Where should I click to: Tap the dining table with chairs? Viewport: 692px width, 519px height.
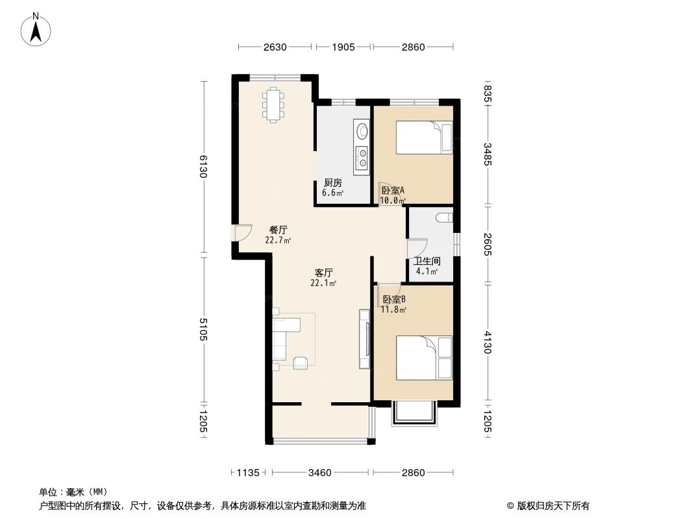tap(273, 104)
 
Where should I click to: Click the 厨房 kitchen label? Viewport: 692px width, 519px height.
tap(333, 183)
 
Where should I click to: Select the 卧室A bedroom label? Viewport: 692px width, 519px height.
tap(393, 191)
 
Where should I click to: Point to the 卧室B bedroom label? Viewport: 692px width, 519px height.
tap(394, 300)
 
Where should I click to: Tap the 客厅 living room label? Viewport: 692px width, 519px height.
tap(323, 272)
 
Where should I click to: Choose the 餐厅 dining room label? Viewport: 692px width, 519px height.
tap(278, 230)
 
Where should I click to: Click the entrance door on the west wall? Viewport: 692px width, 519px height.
tap(242, 232)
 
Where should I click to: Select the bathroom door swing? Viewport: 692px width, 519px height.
tap(417, 248)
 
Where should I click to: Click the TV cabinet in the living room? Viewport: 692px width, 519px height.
tap(364, 339)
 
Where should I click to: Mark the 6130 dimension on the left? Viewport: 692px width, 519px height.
tap(203, 168)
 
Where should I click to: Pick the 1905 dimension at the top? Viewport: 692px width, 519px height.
tap(343, 47)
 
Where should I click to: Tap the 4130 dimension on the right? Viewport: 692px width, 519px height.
tap(488, 342)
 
